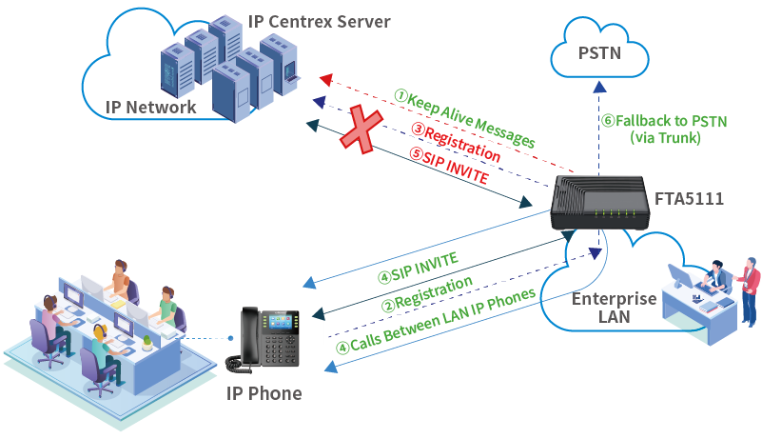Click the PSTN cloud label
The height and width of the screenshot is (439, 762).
point(599,53)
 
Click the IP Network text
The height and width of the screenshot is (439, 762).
point(149,107)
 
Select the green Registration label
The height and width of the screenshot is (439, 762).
point(427,293)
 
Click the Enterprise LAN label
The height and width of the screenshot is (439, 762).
point(614,308)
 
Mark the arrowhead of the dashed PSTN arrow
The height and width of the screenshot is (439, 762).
point(599,85)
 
